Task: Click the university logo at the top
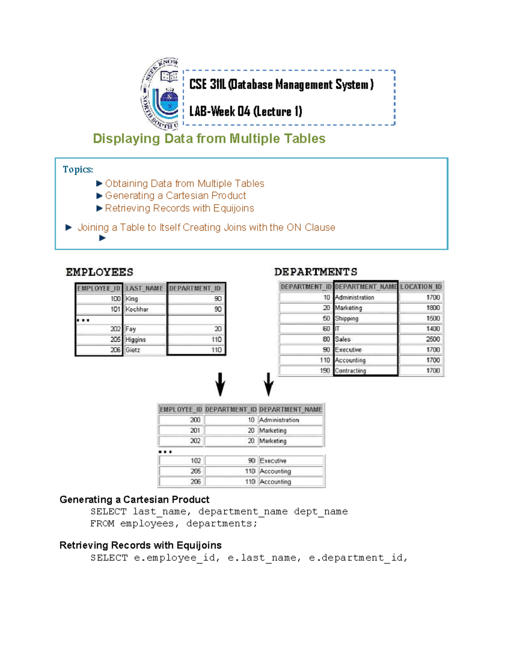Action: [160, 94]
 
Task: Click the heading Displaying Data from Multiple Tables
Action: [209, 139]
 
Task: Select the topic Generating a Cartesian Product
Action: [175, 196]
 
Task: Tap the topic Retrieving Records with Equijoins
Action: [179, 209]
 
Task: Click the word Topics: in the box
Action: [78, 169]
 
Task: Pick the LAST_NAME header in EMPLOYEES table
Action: [144, 289]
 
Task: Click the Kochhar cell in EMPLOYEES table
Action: [137, 309]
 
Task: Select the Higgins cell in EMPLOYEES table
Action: [136, 340]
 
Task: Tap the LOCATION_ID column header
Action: [421, 287]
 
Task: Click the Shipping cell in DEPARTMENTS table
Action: [347, 318]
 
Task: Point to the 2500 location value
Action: [433, 339]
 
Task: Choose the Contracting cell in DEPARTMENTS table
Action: [350, 371]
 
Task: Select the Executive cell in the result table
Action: [273, 461]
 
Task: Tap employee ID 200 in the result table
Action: [195, 420]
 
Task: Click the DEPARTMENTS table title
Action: [316, 272]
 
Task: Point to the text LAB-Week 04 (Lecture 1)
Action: [246, 112]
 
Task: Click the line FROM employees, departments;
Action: [174, 524]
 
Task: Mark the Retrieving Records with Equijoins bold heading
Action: [141, 546]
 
